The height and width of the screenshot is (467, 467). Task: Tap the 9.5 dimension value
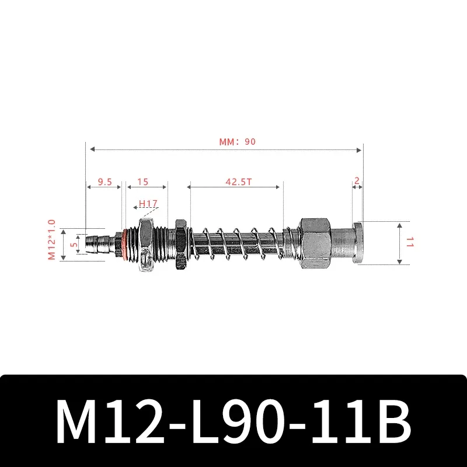coord(104,182)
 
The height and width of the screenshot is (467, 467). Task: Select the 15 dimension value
coord(142,182)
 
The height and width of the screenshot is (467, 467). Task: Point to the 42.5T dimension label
coord(238,182)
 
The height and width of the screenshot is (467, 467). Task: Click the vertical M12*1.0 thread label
coord(51,239)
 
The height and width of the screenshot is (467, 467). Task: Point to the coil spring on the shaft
coord(239,242)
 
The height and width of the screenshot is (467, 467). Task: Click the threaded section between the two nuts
coord(166,242)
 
